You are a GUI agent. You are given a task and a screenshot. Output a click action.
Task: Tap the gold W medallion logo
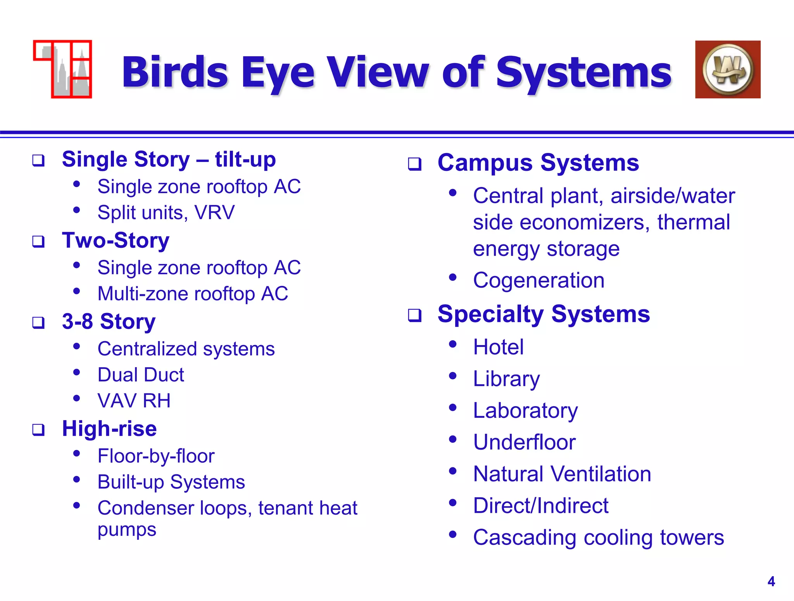click(728, 70)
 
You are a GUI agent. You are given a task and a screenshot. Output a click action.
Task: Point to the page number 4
click(771, 582)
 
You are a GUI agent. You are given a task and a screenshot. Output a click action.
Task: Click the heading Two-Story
click(116, 240)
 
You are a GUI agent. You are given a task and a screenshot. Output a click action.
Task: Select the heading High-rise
click(109, 429)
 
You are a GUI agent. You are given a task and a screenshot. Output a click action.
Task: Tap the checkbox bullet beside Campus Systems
click(414, 164)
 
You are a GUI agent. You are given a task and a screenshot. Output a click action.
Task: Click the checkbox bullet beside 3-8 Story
click(38, 322)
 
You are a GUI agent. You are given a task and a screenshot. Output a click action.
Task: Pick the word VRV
click(214, 213)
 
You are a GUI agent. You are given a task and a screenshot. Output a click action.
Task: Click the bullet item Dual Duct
click(141, 375)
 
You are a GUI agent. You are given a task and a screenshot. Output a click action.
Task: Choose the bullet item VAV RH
click(134, 401)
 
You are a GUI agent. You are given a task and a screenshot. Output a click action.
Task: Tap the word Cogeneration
click(539, 280)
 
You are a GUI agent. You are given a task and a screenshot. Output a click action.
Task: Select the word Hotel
click(498, 347)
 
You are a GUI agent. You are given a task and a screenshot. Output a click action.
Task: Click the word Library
click(506, 379)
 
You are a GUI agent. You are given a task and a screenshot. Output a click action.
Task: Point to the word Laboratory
click(525, 411)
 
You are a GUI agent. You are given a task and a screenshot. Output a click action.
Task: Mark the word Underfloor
click(524, 442)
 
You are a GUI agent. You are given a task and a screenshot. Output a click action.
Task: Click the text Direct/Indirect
click(541, 506)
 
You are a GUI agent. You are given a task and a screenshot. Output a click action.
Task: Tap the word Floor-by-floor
click(156, 456)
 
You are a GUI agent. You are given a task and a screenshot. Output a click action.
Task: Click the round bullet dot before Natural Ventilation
click(452, 471)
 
